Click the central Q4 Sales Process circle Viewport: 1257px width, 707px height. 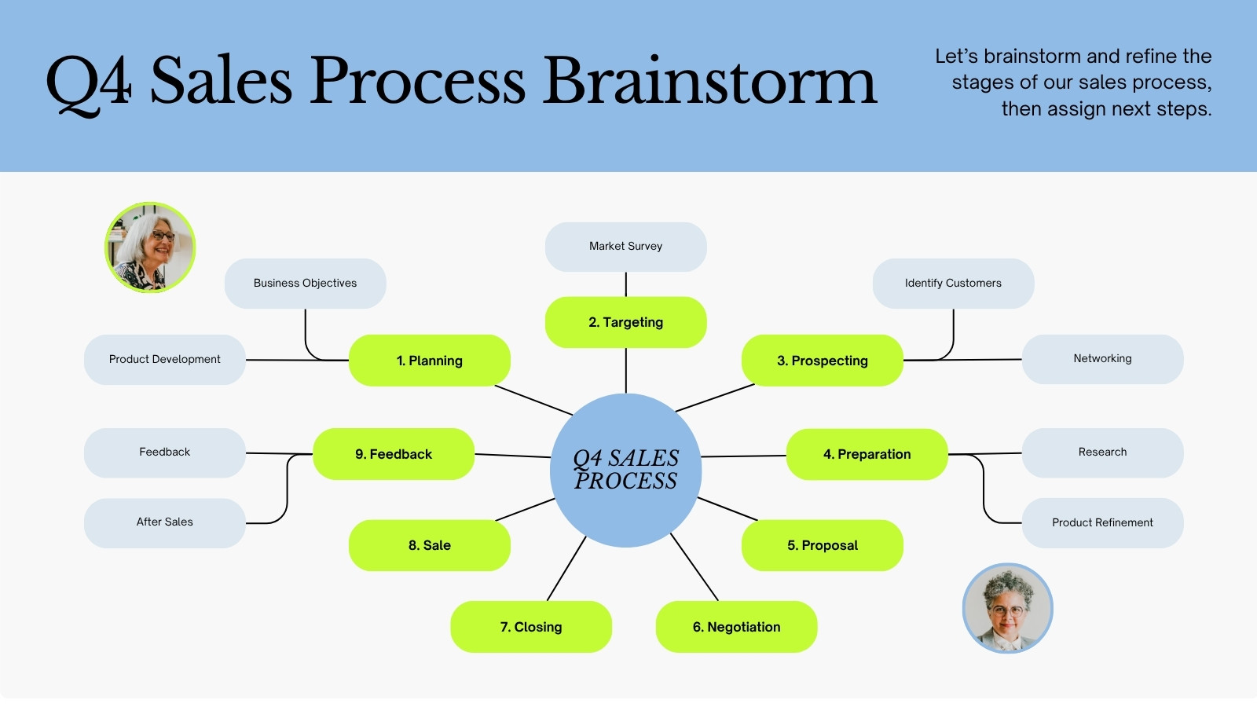pos(625,471)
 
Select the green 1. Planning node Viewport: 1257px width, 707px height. pos(429,361)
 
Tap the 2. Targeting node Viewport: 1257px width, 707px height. pos(625,322)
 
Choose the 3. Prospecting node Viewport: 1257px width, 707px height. pos(822,361)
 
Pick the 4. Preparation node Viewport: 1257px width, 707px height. pos(867,454)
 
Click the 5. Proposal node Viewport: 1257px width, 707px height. pos(822,545)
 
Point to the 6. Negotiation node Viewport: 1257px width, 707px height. pos(736,627)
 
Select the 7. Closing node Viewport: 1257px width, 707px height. pos(531,627)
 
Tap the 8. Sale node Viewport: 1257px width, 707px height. pos(429,545)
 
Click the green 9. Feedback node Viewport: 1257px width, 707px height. pos(394,454)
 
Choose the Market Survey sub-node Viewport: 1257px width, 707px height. pos(625,247)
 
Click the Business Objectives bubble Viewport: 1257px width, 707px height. pos(306,284)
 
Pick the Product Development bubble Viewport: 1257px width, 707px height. pos(164,360)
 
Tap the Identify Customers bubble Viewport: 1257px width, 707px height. pos(953,284)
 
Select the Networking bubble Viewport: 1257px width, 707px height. pos(1102,359)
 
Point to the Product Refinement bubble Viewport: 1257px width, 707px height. pos(1102,523)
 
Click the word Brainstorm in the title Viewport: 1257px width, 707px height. pos(709,79)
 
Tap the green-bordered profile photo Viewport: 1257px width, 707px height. pos(150,247)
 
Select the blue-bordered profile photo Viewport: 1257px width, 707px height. pos(1007,608)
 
